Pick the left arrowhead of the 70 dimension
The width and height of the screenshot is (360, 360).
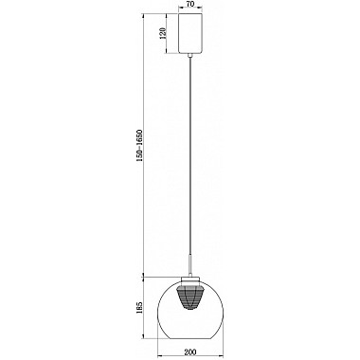tap(178, 11)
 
